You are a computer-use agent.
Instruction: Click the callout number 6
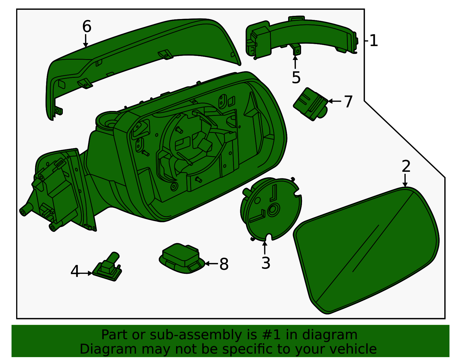point(87,27)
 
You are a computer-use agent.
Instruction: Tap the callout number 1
point(374,41)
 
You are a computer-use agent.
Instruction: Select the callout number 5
point(296,78)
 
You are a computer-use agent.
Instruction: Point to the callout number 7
point(348,102)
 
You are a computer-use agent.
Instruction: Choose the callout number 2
point(406,166)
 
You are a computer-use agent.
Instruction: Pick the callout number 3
point(266,263)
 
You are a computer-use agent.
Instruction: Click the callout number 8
point(224,264)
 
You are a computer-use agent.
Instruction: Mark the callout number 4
point(75,271)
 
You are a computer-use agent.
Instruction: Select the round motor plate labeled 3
point(271,209)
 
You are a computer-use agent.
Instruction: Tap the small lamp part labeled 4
point(107,267)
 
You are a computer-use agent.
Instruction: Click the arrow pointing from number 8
point(212,264)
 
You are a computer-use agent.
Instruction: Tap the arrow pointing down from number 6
point(86,41)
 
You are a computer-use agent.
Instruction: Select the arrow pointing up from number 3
point(265,248)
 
